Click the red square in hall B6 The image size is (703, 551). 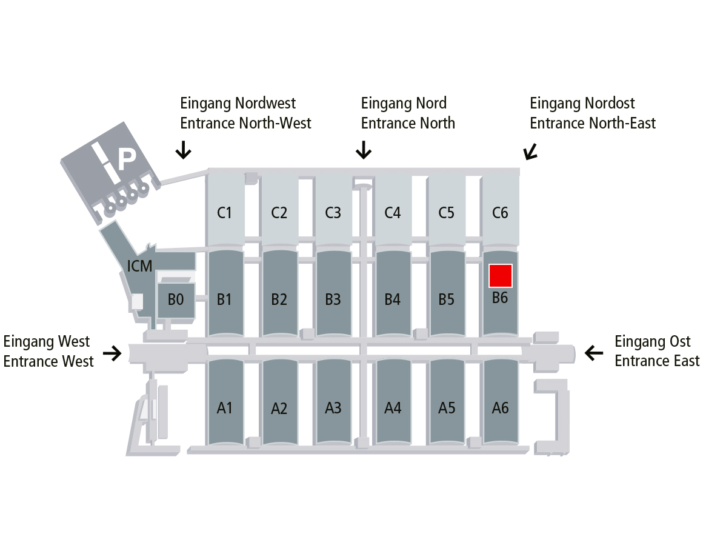click(x=501, y=276)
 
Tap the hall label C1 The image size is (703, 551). click(x=225, y=213)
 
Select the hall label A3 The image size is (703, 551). click(x=333, y=408)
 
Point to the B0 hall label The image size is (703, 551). click(x=176, y=299)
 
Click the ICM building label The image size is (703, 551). click(x=139, y=265)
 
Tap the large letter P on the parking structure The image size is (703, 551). click(x=126, y=160)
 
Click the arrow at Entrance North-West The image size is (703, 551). click(x=183, y=150)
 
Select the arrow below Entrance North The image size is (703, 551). click(x=364, y=150)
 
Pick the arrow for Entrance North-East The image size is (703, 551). click(x=531, y=152)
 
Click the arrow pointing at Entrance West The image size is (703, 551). click(x=112, y=353)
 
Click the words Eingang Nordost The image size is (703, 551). click(x=582, y=103)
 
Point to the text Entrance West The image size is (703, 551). click(x=48, y=361)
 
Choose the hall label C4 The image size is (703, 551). click(x=393, y=213)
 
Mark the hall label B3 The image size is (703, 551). click(x=333, y=299)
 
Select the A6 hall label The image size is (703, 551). click(x=501, y=408)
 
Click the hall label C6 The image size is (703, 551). click(x=501, y=213)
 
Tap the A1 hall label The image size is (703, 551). click(x=225, y=408)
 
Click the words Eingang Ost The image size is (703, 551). click(x=652, y=341)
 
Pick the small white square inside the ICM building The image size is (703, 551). click(x=138, y=301)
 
